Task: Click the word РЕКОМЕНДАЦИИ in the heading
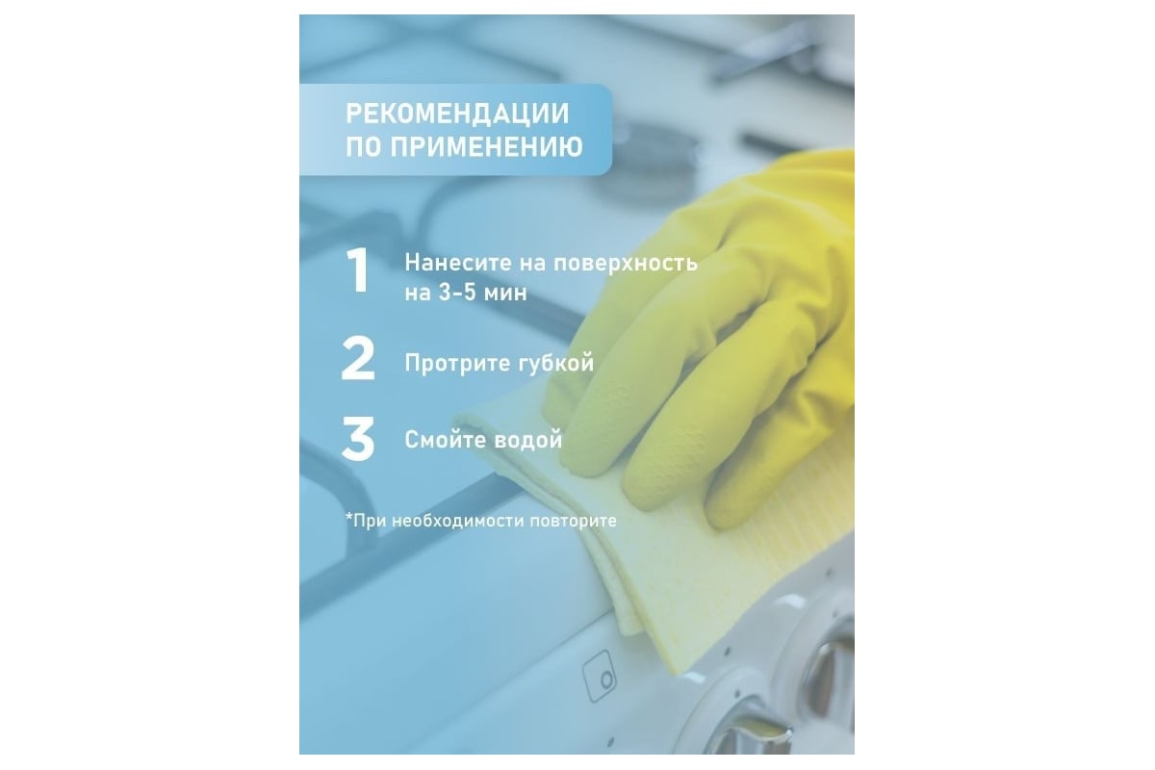457,114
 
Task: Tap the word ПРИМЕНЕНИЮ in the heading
486,146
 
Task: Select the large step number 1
358,270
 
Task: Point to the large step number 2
358,358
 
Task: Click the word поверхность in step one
626,263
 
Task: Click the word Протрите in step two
460,364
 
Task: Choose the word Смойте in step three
446,440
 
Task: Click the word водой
528,440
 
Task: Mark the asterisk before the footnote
349,516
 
